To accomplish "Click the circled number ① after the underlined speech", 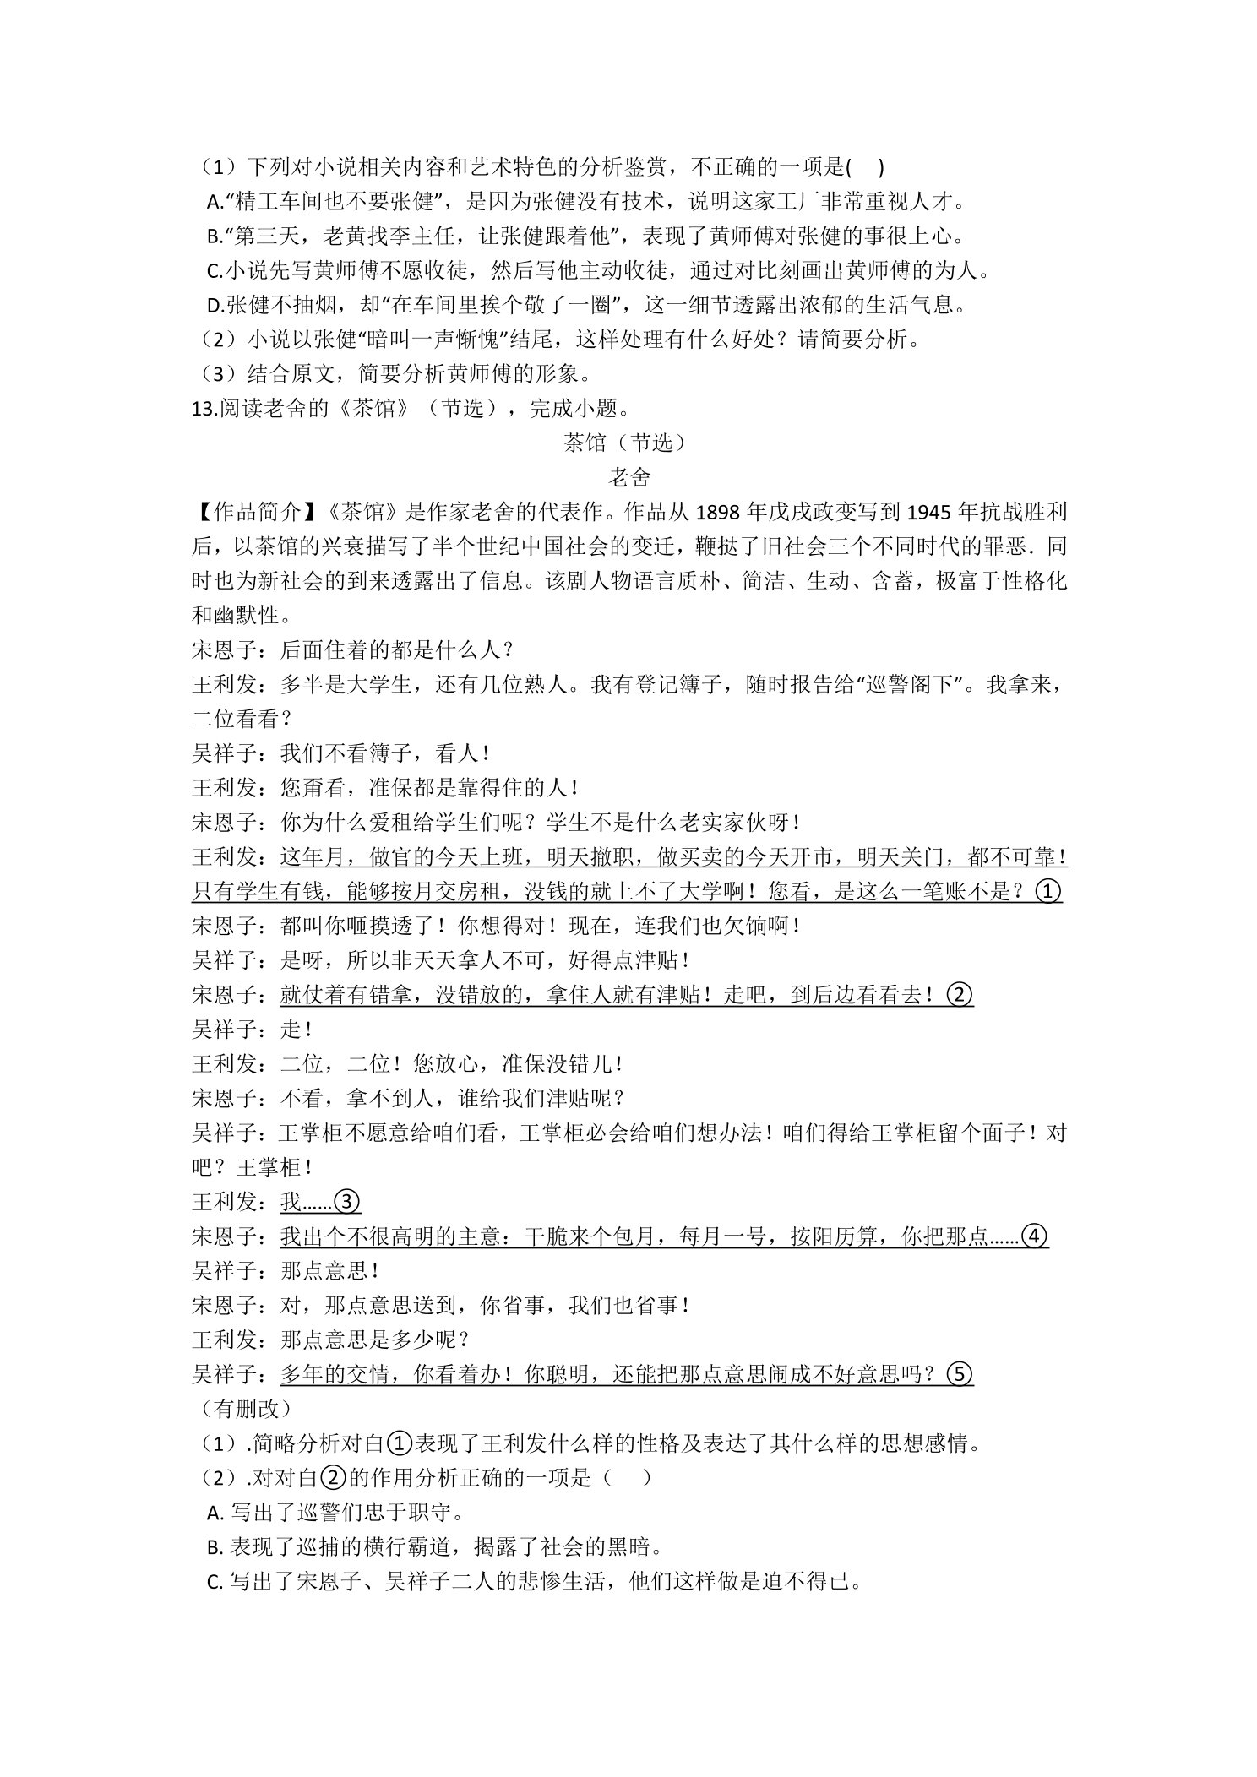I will (1047, 892).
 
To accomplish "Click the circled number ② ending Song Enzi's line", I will (960, 996).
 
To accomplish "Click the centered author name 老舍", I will (628, 478).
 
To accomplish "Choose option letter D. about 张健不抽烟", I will (215, 306).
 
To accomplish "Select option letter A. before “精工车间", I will (215, 203).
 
